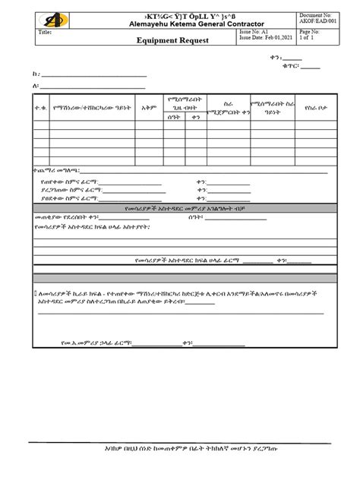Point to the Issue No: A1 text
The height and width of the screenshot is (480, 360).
point(254,34)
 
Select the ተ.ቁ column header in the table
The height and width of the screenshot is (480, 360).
point(40,108)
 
